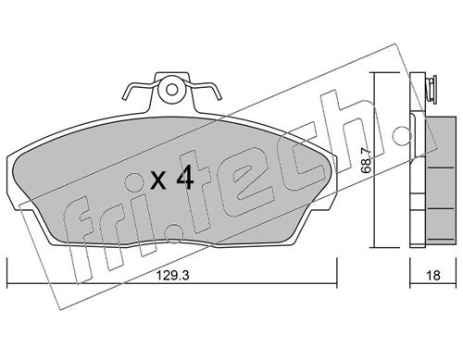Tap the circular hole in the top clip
pyautogui.click(x=170, y=92)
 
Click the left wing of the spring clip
pyautogui.click(x=131, y=93)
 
